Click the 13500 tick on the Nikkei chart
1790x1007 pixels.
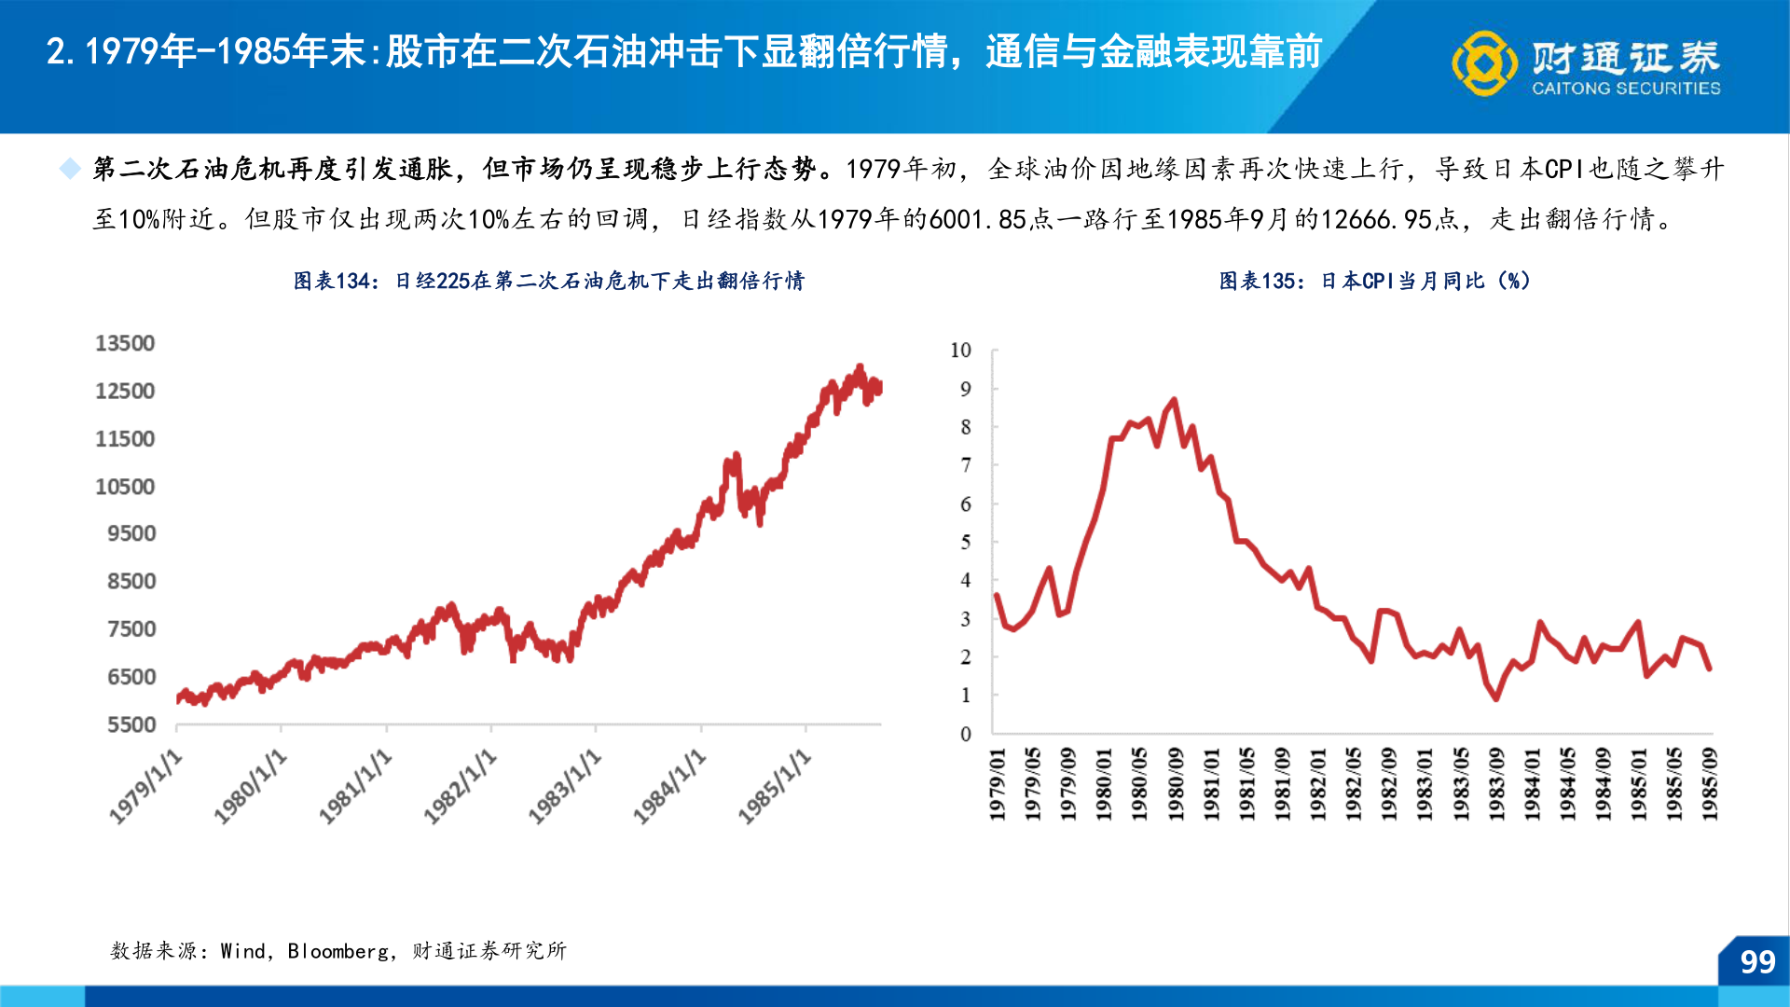(x=125, y=343)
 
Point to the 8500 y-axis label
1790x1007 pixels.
(x=131, y=581)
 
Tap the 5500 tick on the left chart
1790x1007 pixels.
(x=131, y=724)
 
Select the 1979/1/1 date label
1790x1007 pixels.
(x=146, y=787)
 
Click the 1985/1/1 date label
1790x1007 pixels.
(x=776, y=787)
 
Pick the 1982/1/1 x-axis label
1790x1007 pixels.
(x=461, y=787)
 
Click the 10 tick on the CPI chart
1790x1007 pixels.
(x=960, y=351)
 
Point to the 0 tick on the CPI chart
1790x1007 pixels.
(x=966, y=734)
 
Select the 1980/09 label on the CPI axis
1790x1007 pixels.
(x=1175, y=783)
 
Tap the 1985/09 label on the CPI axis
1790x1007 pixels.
(x=1709, y=783)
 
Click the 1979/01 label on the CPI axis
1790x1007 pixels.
(x=997, y=783)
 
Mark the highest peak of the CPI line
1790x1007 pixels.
(x=1174, y=400)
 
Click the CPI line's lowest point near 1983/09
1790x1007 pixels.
(x=1496, y=698)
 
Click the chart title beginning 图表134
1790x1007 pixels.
(x=548, y=281)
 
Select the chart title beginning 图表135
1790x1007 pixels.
(x=1374, y=281)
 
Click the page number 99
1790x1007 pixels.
(x=1757, y=962)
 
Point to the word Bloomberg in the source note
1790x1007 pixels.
(x=337, y=951)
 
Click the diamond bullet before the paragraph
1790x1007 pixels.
(x=70, y=169)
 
